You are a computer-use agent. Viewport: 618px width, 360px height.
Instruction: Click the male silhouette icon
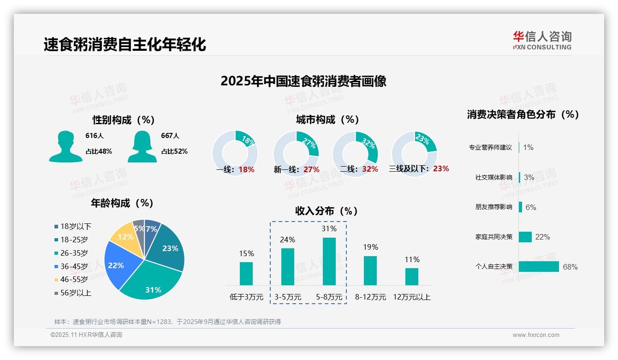65,147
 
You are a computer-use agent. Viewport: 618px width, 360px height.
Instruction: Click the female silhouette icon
142,147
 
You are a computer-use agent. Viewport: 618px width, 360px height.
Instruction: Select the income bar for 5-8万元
329,261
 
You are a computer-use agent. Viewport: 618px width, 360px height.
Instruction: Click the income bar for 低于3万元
246,274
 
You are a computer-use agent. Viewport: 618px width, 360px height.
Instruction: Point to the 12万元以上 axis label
411,297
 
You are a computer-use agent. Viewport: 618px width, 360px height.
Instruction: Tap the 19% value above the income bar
370,247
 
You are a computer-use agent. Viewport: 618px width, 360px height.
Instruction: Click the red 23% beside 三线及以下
441,169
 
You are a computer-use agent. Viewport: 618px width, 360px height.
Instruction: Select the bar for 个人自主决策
539,267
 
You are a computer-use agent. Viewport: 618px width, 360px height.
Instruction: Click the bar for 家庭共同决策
525,237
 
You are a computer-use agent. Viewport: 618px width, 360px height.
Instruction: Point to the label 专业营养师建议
490,148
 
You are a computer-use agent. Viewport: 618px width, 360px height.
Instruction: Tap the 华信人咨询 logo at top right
542,41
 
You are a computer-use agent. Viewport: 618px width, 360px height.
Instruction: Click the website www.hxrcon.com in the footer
536,335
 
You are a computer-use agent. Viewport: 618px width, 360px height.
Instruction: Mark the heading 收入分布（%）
327,211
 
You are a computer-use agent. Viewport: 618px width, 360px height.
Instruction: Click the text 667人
170,136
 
